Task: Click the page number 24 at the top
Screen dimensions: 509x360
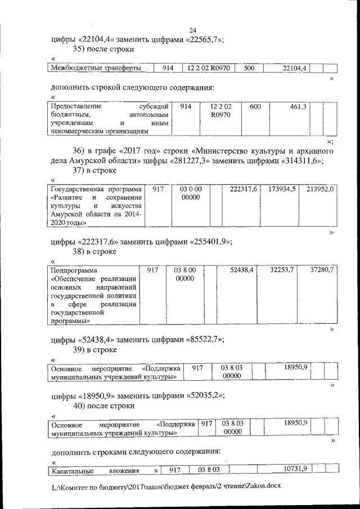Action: pos(192,30)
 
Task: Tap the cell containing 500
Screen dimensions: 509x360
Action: pos(249,68)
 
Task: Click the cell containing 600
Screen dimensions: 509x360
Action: pos(255,107)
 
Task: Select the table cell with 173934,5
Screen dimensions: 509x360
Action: pos(282,190)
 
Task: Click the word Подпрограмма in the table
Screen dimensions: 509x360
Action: pos(74,271)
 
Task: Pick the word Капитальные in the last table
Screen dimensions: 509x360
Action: pos(72,470)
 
